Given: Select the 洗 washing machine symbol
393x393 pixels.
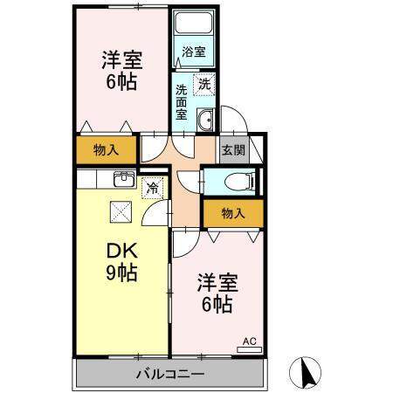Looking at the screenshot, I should point(203,85).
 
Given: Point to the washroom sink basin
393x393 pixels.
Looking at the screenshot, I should point(205,121).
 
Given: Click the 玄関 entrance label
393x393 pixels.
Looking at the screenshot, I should point(233,149).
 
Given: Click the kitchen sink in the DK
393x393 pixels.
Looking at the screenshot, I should point(124,181).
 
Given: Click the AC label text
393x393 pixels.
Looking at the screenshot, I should point(247,340).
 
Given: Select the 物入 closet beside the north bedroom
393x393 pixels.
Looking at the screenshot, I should point(106,150).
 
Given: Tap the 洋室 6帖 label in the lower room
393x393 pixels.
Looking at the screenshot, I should point(214,293).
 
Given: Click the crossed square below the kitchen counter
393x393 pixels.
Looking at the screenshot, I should point(119,210).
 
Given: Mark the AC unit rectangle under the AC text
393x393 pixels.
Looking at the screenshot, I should point(249,349).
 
